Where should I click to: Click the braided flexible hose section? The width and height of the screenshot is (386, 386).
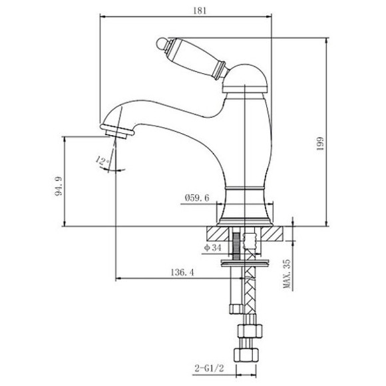point(251,293)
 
